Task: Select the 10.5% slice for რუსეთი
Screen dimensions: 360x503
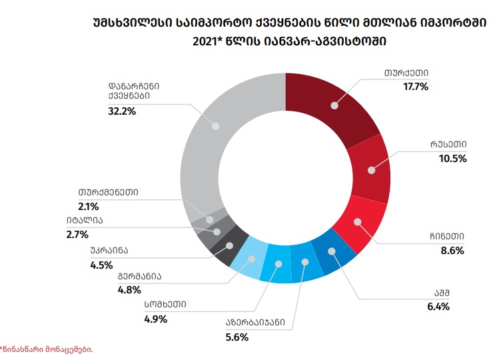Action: pos(370,170)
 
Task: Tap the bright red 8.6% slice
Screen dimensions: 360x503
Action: pos(358,223)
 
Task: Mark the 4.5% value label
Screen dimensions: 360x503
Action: pos(101,264)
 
